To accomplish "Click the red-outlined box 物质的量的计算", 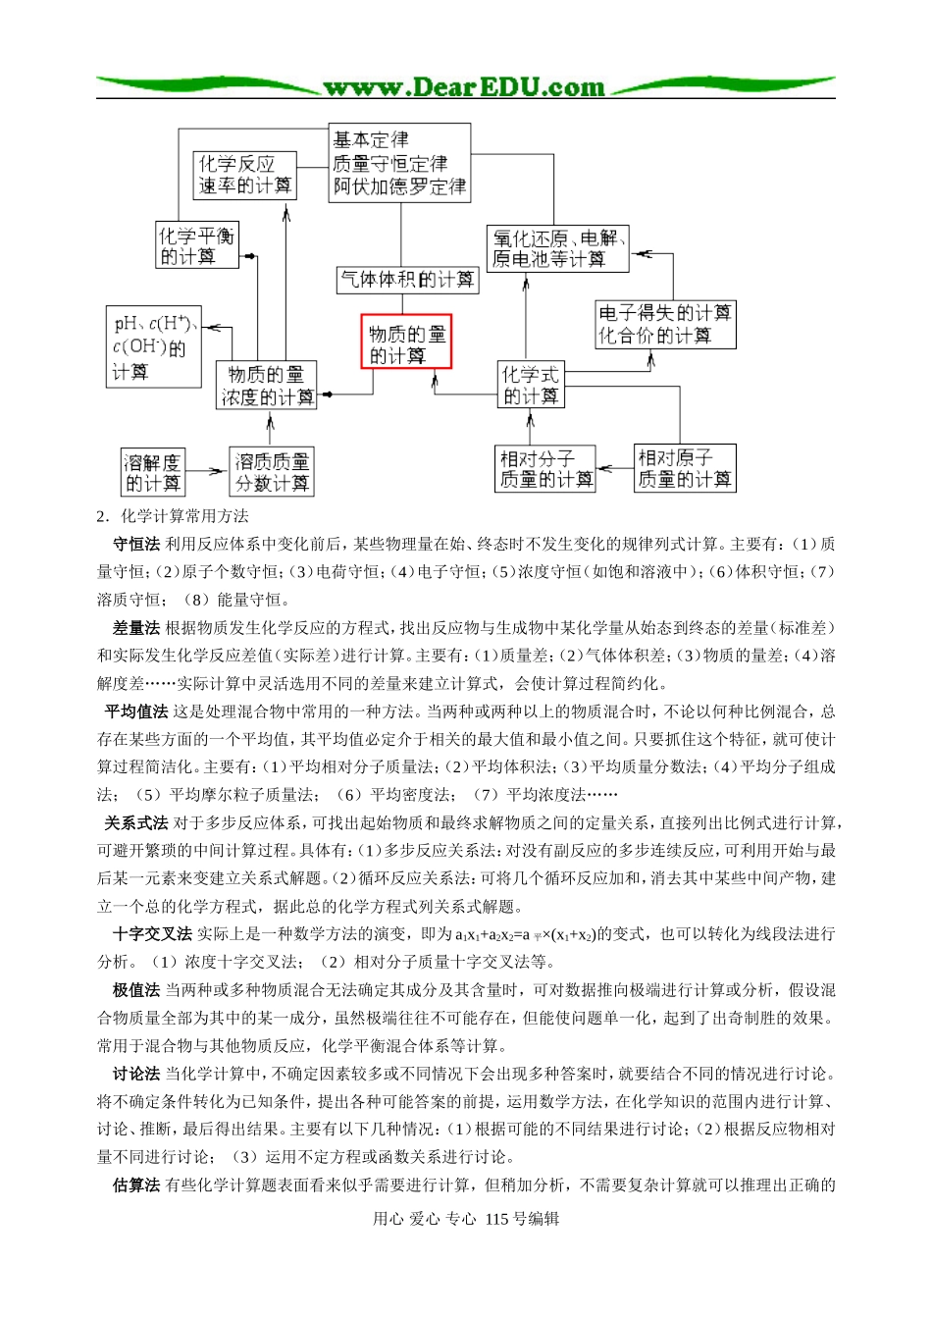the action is pos(406,342).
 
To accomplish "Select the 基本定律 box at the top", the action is pos(399,163).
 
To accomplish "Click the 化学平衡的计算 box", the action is pos(198,245).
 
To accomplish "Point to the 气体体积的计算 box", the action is pos(407,280).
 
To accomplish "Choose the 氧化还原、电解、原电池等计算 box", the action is pos(558,248).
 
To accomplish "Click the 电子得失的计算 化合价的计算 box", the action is pos(665,325).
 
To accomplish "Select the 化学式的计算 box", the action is pos(531,385).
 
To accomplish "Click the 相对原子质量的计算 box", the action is pos(685,469).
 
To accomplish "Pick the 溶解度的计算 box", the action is pos(153,472).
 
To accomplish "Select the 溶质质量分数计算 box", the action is pos(272,472).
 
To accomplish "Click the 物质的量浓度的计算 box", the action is pos(267,386).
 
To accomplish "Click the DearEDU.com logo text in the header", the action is pos(464,87).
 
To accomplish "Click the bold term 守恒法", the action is pos(136,544).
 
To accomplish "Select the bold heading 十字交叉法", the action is pos(152,933).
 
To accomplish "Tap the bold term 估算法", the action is pos(136,1185).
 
